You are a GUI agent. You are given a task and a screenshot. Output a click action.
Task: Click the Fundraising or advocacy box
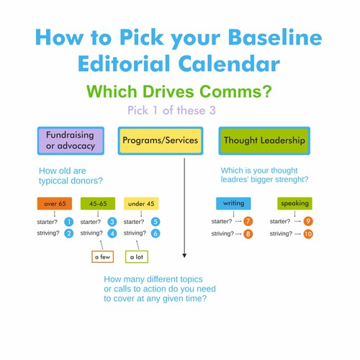click(71, 140)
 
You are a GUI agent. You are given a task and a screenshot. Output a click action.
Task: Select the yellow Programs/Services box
click(161, 140)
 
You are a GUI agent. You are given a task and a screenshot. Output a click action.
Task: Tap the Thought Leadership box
click(264, 140)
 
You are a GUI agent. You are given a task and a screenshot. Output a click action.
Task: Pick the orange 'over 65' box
click(55, 204)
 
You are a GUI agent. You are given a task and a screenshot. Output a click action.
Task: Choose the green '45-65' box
click(98, 204)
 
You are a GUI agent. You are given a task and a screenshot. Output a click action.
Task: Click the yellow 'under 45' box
click(141, 204)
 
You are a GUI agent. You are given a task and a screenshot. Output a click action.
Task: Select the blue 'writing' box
click(233, 203)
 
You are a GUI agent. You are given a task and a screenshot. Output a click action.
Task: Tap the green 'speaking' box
click(294, 203)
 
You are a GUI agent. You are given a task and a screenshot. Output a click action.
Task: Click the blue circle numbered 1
click(69, 222)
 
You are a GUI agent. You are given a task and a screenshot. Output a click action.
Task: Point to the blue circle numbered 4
click(112, 233)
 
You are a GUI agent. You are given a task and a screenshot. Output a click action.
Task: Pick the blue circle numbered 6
click(156, 233)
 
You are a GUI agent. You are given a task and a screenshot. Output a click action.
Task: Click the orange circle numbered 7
click(248, 221)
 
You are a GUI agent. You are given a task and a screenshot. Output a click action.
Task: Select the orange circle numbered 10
click(308, 234)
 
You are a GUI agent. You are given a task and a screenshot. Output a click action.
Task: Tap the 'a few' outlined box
click(102, 257)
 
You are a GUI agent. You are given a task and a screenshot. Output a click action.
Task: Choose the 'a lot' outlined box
click(137, 257)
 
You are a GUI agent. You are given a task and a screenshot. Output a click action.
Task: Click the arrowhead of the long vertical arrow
click(184, 256)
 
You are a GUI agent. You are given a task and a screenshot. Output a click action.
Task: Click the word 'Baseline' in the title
click(275, 37)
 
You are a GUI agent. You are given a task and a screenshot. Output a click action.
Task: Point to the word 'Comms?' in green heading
click(235, 91)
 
